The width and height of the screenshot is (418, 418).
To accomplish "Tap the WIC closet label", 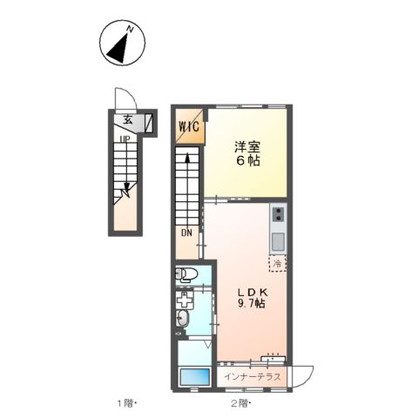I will (190, 126).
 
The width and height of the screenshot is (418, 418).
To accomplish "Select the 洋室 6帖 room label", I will (246, 153).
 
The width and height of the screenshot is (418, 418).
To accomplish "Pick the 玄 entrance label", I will (127, 122).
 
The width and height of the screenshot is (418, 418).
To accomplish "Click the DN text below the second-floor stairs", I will (186, 233).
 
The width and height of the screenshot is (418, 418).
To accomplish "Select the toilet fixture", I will (186, 275).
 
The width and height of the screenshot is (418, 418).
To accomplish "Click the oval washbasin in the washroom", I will (183, 317).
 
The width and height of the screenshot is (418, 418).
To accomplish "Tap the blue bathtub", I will (194, 377).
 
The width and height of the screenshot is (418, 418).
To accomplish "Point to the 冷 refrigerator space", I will (277, 262).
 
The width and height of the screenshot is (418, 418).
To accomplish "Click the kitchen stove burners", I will (277, 214).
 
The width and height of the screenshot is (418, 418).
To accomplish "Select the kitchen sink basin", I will (277, 239).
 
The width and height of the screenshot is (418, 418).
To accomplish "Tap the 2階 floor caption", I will (239, 402).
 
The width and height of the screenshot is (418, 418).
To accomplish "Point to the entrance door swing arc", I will (122, 98).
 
